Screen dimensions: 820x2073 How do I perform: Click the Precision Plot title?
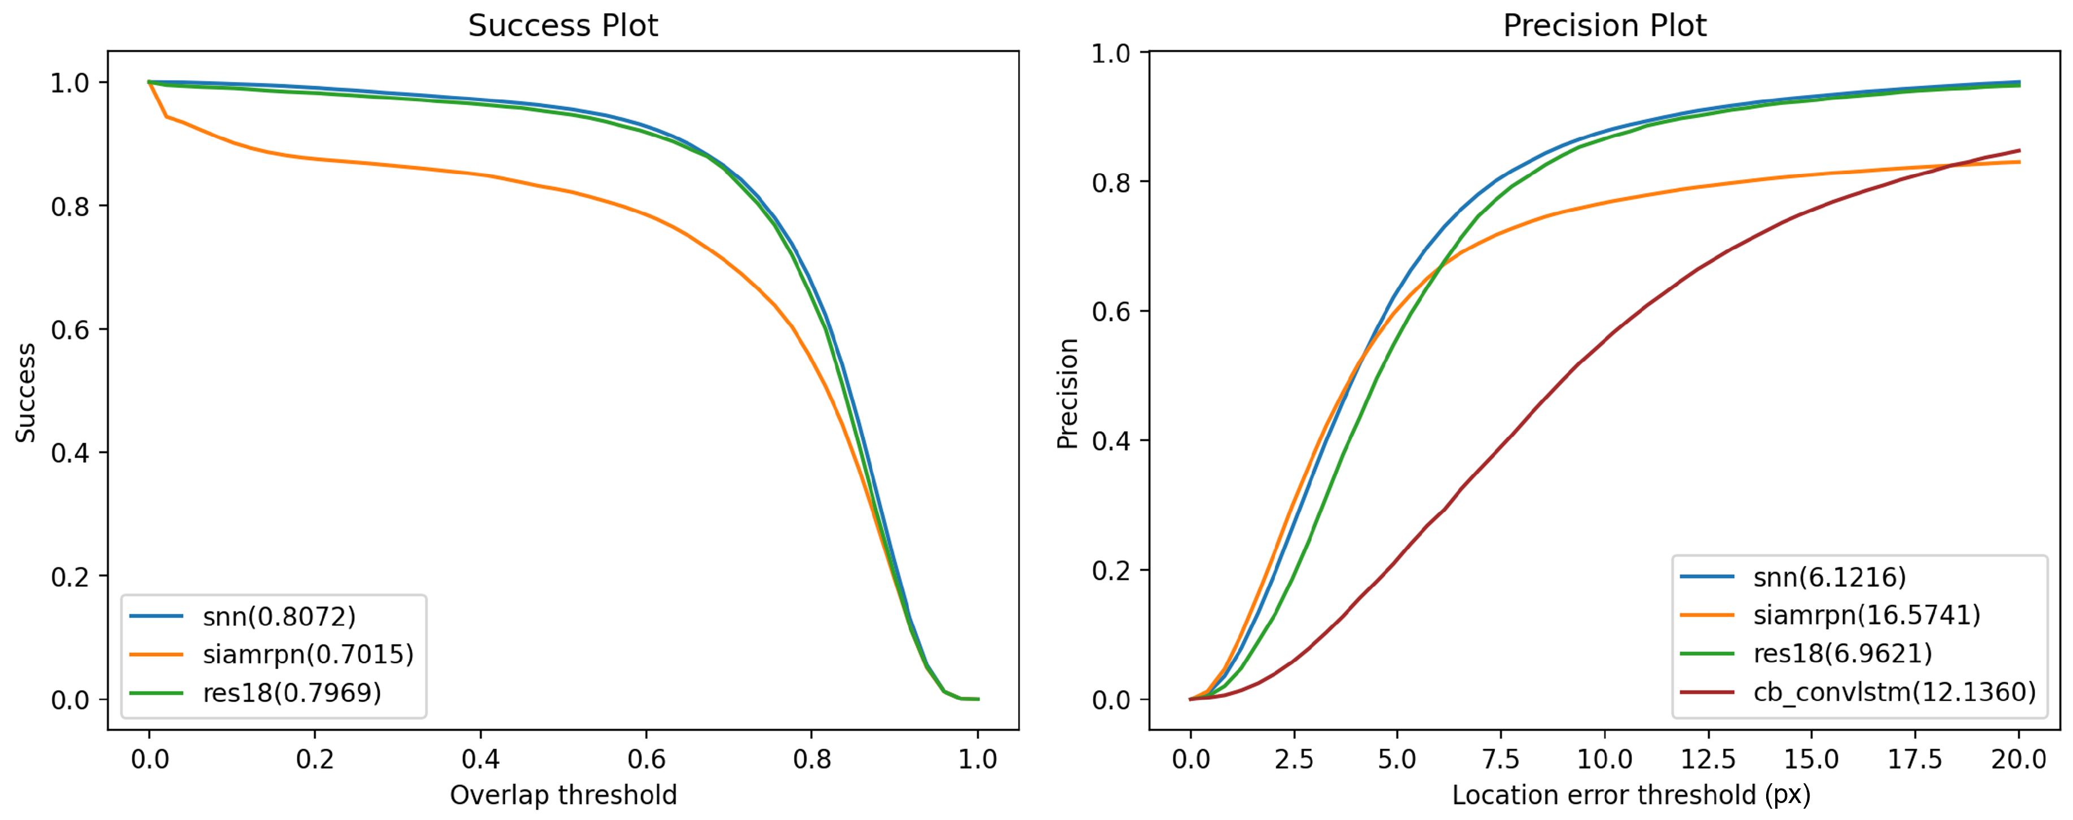1604,26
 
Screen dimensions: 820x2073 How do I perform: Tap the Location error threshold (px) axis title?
1631,795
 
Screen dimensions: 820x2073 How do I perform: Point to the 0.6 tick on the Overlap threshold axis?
646,759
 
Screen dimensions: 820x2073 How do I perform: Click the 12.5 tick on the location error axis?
1708,759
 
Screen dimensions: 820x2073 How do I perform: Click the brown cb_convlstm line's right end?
2019,150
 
